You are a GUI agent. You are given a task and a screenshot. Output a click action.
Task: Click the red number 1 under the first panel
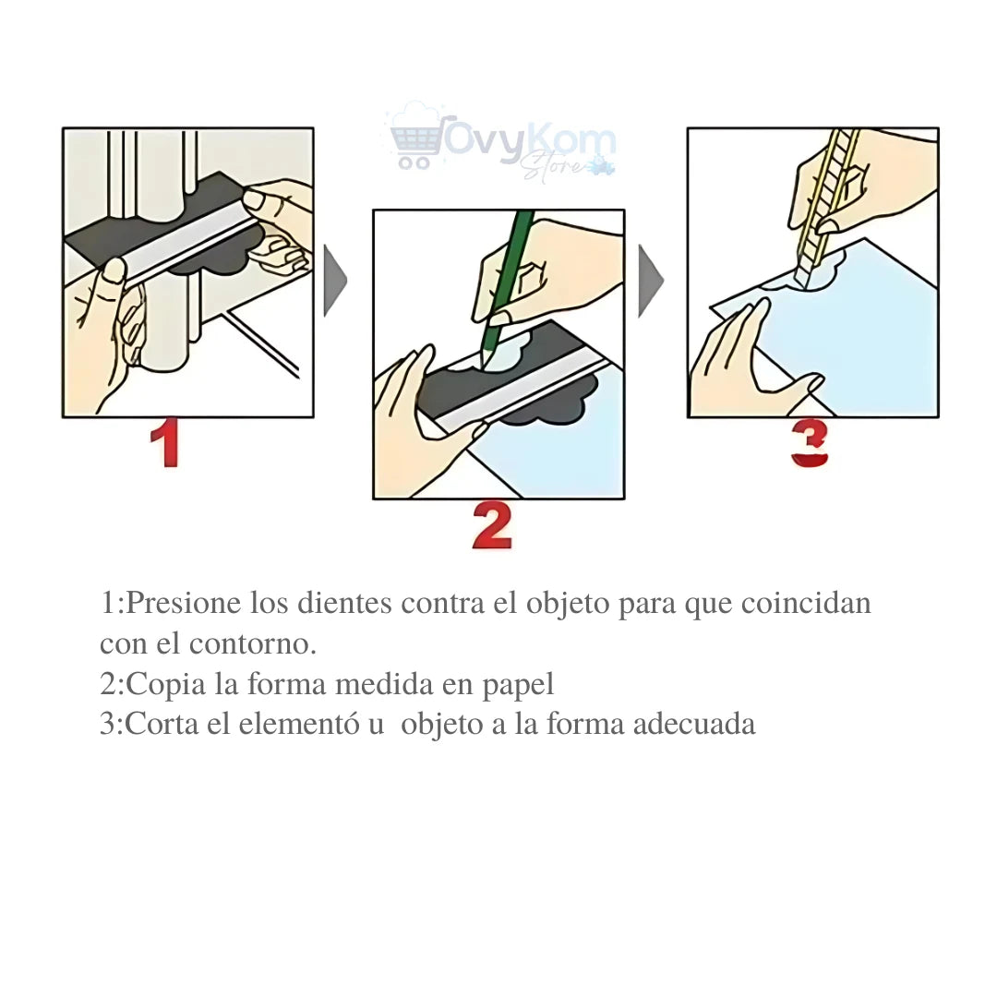click(x=165, y=442)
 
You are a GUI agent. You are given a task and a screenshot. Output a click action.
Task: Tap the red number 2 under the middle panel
click(x=492, y=525)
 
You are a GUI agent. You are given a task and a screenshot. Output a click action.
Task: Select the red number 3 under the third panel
click(x=810, y=444)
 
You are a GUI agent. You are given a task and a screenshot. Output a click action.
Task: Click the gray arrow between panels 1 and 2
click(x=335, y=281)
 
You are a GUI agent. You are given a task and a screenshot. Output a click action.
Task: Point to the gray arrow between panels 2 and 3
click(x=651, y=281)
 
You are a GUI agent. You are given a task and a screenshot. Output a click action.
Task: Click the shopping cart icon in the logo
click(x=415, y=143)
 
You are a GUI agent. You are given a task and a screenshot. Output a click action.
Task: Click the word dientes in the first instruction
click(x=344, y=602)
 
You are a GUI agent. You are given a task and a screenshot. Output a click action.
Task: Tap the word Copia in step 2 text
click(x=165, y=685)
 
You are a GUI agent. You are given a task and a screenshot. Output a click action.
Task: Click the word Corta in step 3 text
click(x=162, y=724)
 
